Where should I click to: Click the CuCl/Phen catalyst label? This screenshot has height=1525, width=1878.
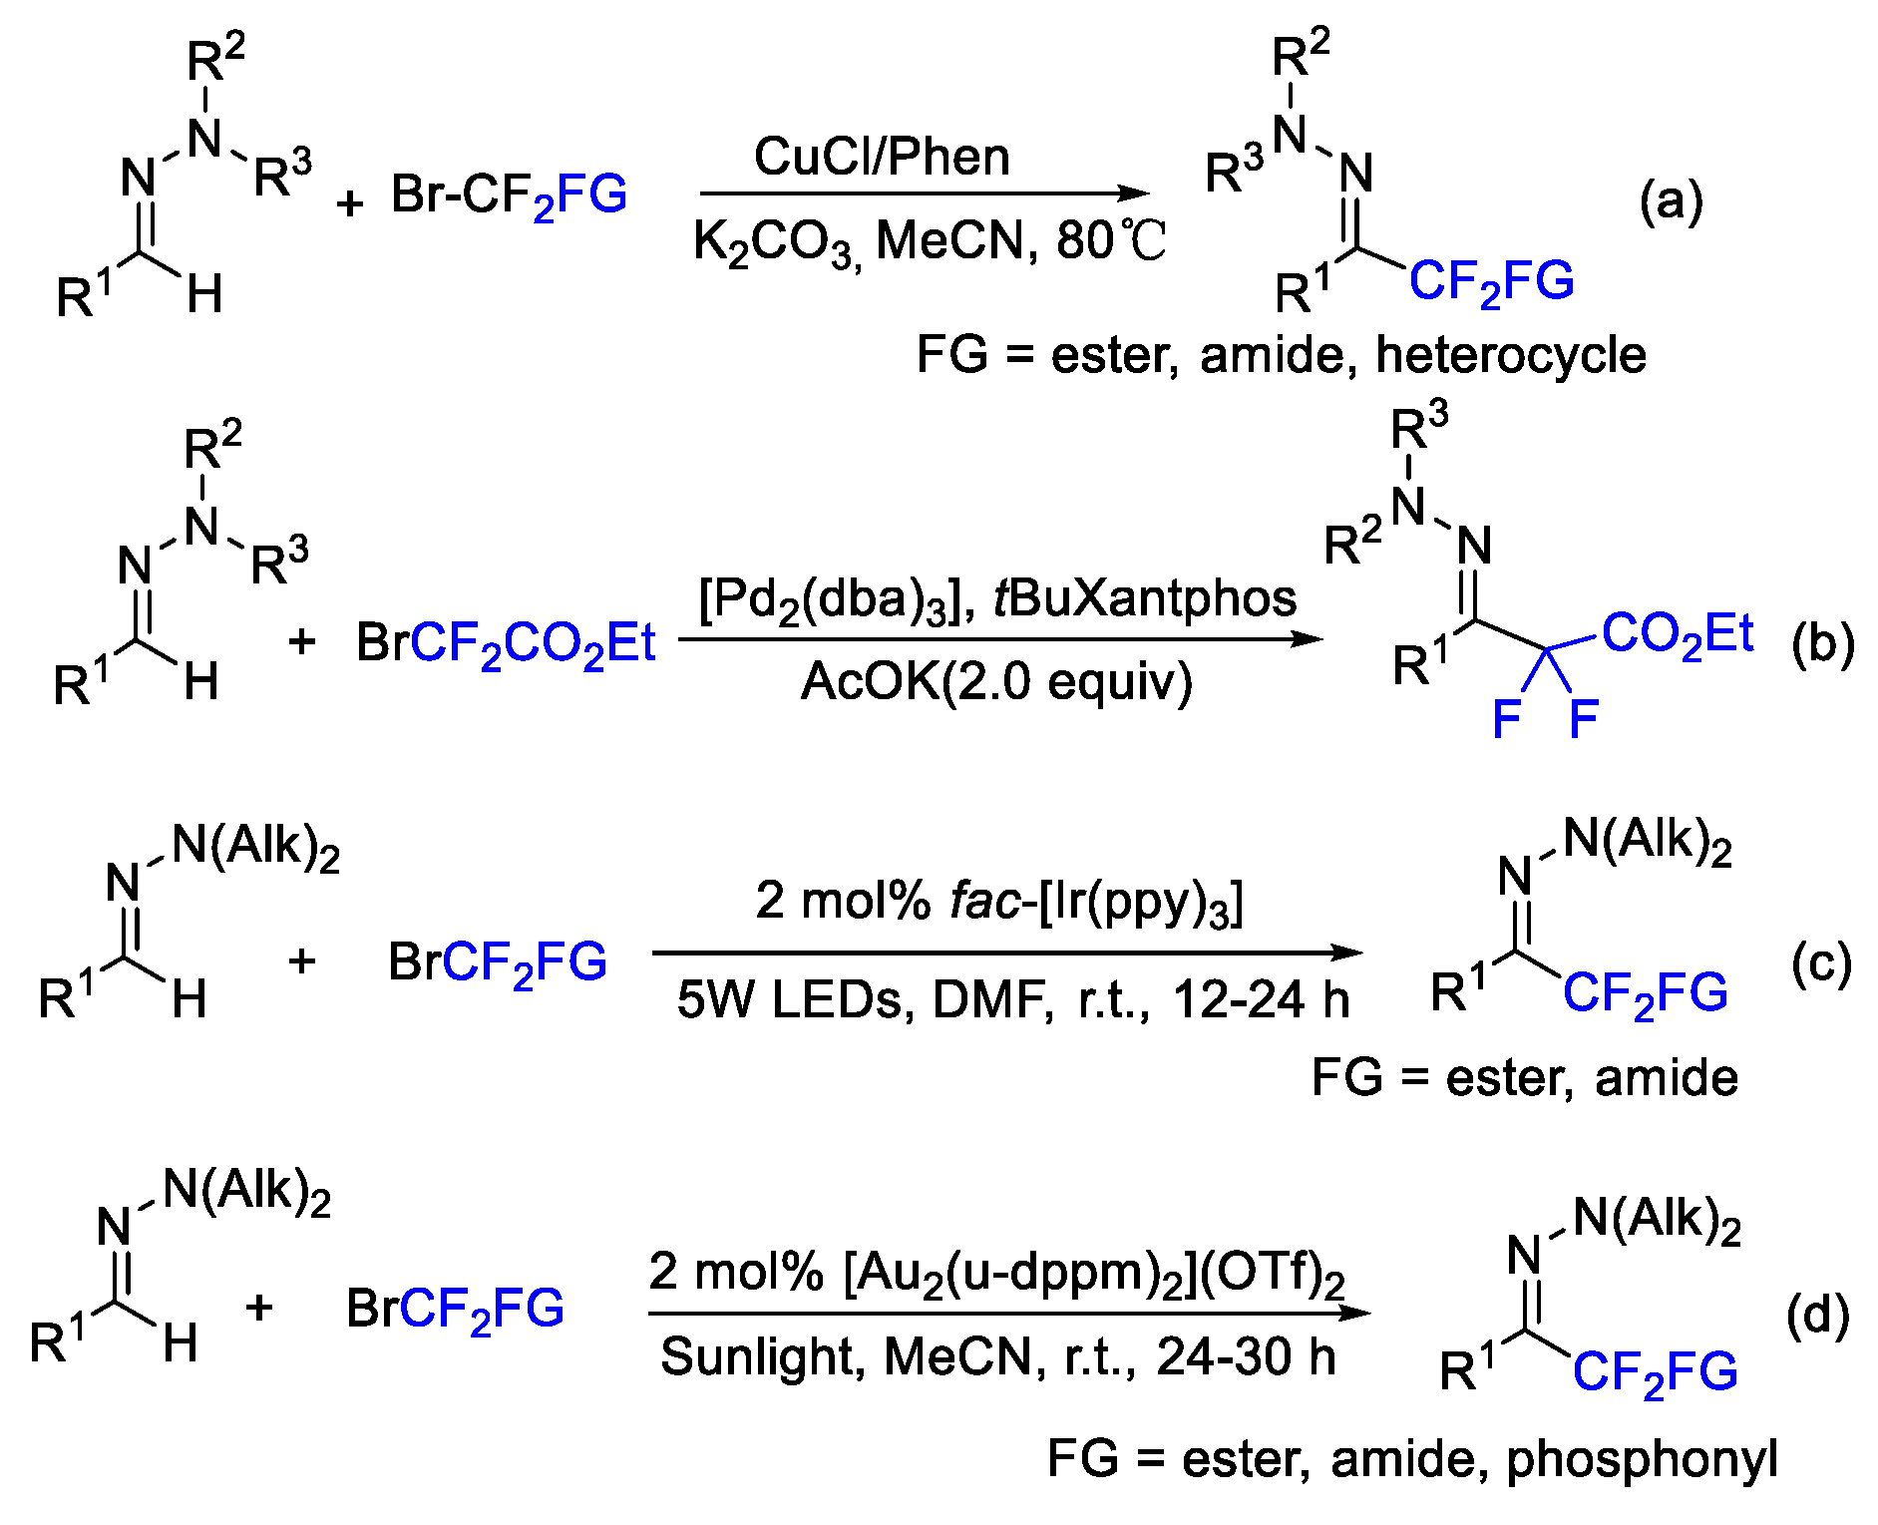coord(882,157)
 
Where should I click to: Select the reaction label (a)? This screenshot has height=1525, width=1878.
coord(1672,202)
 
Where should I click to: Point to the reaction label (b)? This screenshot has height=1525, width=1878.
coord(1823,645)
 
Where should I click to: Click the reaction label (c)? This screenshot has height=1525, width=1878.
coord(1821,963)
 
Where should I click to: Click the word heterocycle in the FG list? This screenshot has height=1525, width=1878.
coord(1511,355)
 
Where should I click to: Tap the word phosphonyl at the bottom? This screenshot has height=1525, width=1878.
coord(1642,1459)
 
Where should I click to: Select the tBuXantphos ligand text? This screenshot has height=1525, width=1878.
coord(1145,598)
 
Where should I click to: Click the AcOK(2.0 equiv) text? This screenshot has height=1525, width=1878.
coord(996,682)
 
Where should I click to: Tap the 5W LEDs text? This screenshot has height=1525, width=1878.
coord(788,999)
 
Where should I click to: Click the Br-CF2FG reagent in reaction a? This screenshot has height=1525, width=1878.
coord(509,195)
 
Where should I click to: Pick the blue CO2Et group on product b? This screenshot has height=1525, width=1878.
coord(1678,634)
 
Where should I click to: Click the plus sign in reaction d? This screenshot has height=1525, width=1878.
coord(259,1308)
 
